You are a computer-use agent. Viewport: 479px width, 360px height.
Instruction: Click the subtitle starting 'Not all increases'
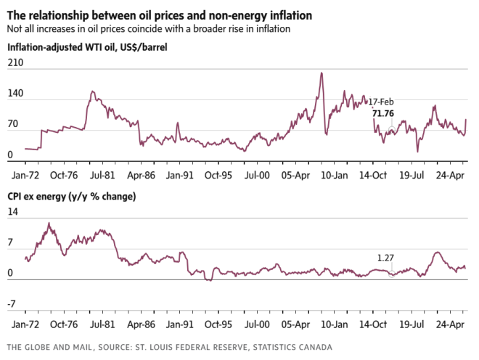click(x=148, y=29)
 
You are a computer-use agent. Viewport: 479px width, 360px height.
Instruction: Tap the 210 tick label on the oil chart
click(x=15, y=64)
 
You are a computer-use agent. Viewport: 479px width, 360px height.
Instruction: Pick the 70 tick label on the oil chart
click(x=13, y=125)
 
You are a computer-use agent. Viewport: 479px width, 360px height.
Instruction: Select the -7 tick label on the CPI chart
click(x=12, y=305)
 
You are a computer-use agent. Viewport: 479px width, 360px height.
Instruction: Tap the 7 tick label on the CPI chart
click(x=10, y=243)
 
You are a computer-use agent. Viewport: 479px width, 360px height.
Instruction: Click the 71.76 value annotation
click(x=382, y=114)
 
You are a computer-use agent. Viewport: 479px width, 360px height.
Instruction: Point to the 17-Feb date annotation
click(x=381, y=102)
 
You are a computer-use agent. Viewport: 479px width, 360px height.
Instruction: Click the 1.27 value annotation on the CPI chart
click(x=385, y=258)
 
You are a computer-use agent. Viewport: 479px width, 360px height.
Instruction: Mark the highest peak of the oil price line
click(x=321, y=73)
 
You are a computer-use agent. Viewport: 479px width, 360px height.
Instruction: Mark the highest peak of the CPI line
click(x=49, y=224)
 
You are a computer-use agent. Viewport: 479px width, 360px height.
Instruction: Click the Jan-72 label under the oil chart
click(x=26, y=175)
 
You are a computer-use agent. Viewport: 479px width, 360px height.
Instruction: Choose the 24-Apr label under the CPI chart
click(x=449, y=324)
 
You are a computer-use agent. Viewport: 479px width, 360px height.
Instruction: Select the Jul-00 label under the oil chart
click(x=256, y=175)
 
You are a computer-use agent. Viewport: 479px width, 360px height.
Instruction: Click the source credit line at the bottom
click(x=168, y=348)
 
